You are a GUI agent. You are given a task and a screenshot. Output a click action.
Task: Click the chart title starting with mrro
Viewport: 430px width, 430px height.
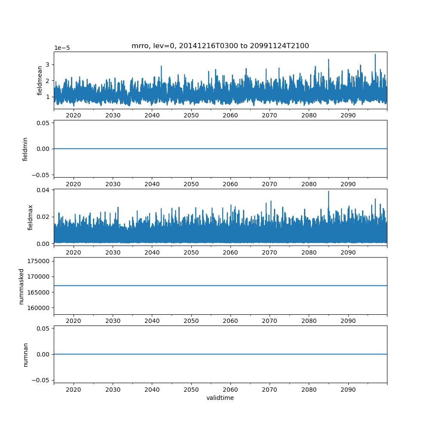(220, 46)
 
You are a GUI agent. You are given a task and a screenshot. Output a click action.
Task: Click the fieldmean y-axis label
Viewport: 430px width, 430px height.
(40, 80)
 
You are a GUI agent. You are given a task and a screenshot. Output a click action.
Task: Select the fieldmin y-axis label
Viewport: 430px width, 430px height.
(25, 149)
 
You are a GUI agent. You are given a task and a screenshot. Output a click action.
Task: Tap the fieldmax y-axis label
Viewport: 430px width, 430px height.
(30, 217)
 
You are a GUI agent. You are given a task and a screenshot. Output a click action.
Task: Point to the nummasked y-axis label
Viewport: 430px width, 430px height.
(21, 286)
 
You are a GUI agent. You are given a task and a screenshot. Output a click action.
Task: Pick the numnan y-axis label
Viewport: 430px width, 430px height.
(25, 354)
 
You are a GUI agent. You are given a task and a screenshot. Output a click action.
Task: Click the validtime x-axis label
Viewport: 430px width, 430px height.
(220, 398)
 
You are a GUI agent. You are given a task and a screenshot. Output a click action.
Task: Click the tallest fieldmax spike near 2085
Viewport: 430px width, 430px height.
(329, 192)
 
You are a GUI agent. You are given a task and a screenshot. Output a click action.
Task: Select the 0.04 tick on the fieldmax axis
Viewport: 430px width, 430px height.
(44, 190)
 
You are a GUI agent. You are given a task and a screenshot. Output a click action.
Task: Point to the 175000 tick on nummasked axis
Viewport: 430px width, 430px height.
(38, 261)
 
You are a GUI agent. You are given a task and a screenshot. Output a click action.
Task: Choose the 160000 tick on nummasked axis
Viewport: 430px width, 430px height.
(38, 308)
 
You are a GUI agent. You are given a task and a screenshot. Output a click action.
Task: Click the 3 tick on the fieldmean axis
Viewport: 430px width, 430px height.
(48, 64)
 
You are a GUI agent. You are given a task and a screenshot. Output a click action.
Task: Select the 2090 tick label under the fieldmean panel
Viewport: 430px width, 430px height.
(348, 116)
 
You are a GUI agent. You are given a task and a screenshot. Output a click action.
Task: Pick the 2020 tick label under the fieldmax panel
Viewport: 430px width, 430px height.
(74, 252)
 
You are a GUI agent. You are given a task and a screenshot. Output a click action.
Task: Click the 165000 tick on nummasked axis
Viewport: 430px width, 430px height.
(38, 292)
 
